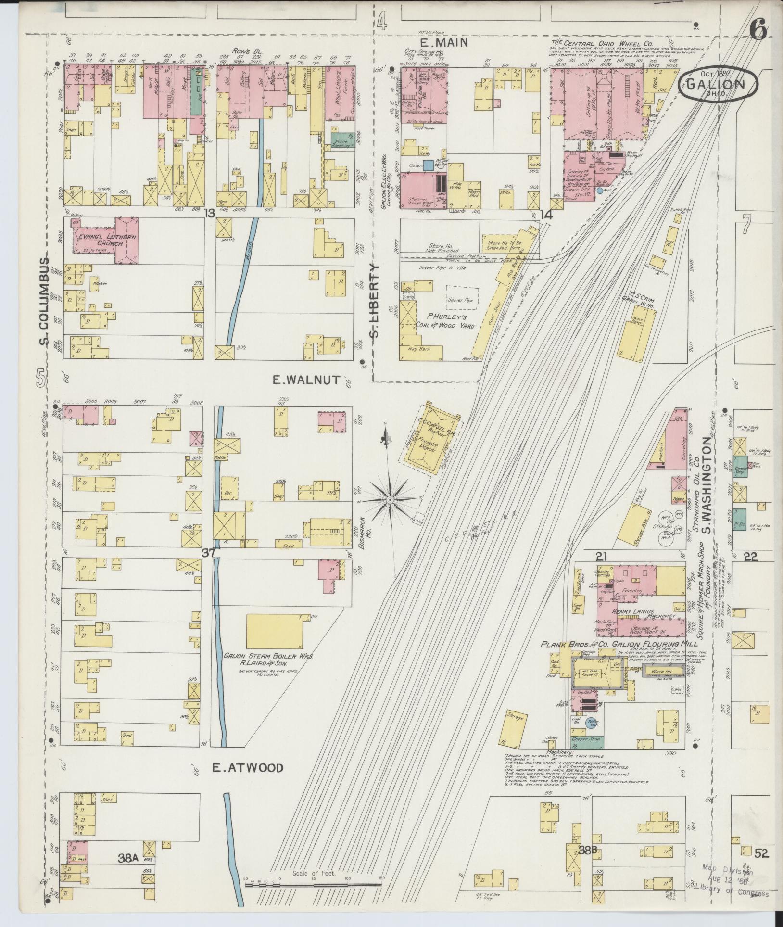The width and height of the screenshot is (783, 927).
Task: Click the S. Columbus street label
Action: pos(44,301)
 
